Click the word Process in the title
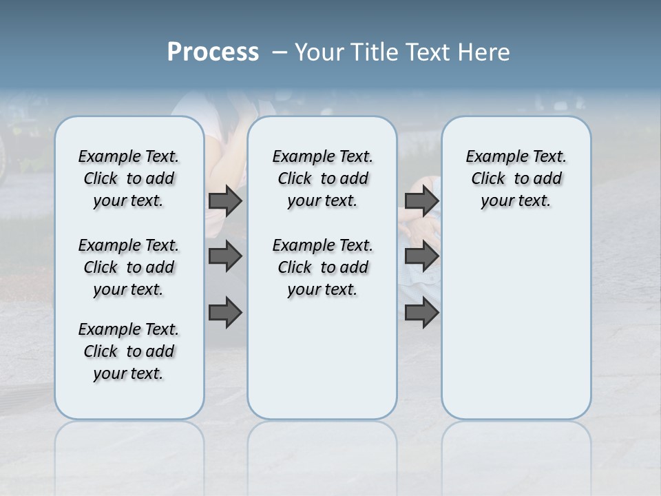click(x=213, y=52)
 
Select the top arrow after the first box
click(x=225, y=201)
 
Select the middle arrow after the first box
click(x=225, y=257)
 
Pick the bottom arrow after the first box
click(x=225, y=313)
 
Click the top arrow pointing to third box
click(x=421, y=201)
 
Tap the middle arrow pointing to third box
click(x=421, y=257)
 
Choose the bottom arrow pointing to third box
click(x=421, y=313)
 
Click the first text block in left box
click(x=129, y=178)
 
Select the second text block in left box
click(x=129, y=267)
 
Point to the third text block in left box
click(x=129, y=351)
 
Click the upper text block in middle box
click(x=322, y=178)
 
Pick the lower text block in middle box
click(x=322, y=267)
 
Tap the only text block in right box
click(x=516, y=178)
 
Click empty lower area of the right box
click(x=516, y=331)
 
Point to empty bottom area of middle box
click(x=322, y=365)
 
